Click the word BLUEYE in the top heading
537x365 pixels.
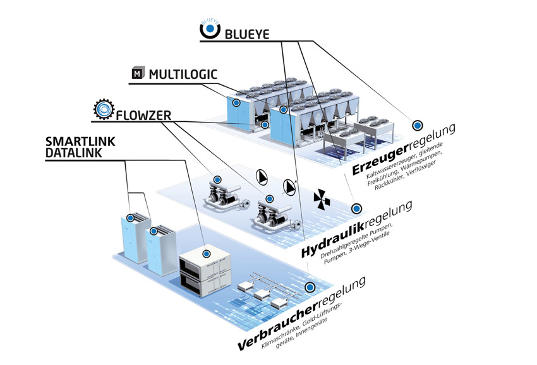(x=247, y=33)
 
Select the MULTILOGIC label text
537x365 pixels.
(x=183, y=75)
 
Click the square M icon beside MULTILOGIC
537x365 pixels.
(x=136, y=74)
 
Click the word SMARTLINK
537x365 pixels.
(x=80, y=141)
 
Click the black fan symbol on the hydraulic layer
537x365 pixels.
(x=322, y=199)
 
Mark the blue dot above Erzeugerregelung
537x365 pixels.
(x=416, y=125)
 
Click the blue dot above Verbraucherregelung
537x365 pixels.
(x=310, y=287)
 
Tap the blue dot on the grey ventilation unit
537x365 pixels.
(x=206, y=252)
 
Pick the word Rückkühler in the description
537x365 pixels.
(x=392, y=184)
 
